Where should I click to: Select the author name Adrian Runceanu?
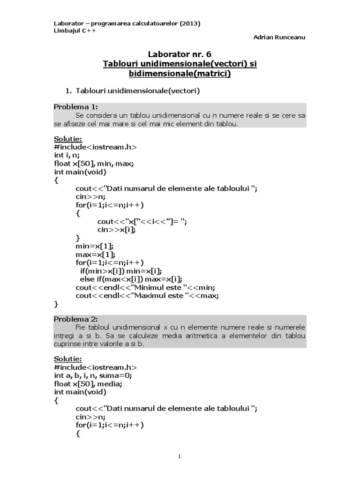tap(280, 37)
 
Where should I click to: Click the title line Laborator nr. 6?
tap(180, 54)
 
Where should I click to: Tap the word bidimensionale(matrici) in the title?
tap(180, 73)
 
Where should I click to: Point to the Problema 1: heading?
tap(76, 106)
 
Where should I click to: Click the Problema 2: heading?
tap(76, 319)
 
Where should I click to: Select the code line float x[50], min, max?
tap(94, 164)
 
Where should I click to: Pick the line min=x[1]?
tap(95, 246)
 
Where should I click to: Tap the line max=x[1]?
tap(96, 254)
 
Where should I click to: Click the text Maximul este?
tap(161, 296)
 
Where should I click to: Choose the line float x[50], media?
tap(88, 384)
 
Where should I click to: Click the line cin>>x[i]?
tap(117, 230)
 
